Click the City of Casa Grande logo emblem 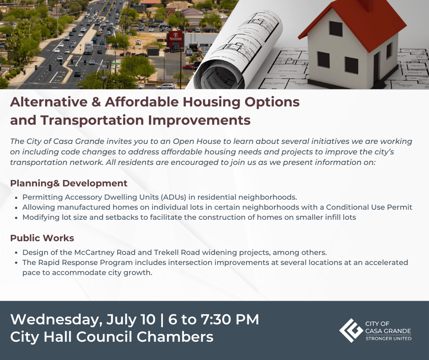[351, 330]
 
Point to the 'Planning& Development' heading [68, 183]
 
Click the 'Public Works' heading [42, 238]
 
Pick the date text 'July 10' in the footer [131, 319]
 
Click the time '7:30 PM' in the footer [230, 319]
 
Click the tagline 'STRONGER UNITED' [388, 339]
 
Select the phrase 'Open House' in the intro [197, 141]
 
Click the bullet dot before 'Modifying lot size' [17, 218]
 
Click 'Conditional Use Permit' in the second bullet [369, 207]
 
